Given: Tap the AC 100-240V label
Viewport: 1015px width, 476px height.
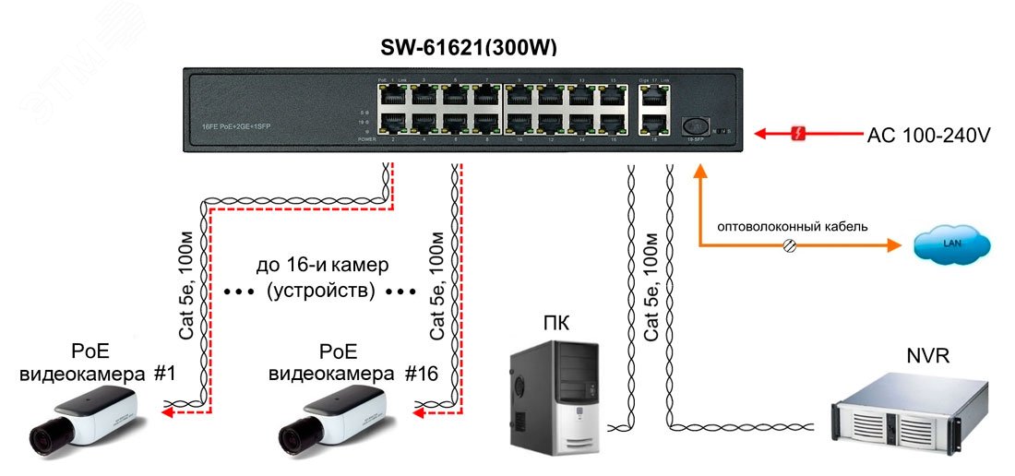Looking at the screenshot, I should point(928,136).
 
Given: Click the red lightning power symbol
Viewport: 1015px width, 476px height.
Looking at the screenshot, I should point(799,136).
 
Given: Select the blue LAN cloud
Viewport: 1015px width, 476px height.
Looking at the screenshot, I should point(951,244).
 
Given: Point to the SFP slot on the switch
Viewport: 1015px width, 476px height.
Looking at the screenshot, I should point(696,125).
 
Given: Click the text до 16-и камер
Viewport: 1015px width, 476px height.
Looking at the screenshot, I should point(322,266).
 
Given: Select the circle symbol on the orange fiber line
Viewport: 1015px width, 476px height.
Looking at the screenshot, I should point(790,246).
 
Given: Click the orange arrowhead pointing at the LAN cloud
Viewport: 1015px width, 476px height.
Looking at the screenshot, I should point(894,246).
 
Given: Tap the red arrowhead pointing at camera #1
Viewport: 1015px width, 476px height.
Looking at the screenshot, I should point(166,414).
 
